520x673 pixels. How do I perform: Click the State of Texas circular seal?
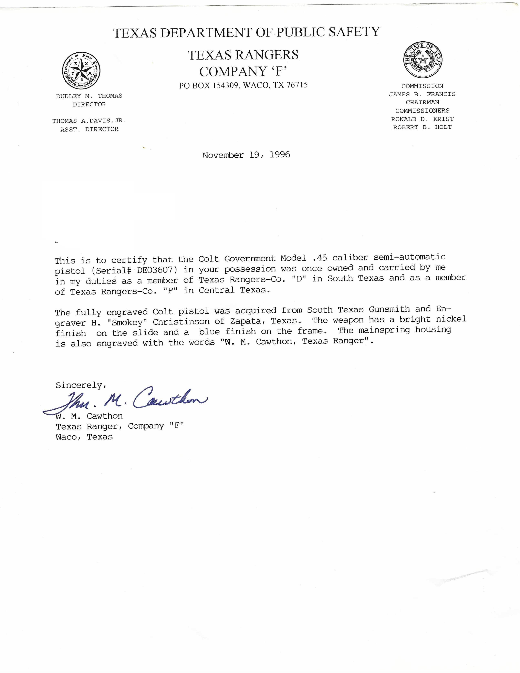[x=423, y=60]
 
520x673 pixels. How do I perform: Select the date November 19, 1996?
[x=246, y=155]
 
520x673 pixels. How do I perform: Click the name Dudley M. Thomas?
[x=89, y=96]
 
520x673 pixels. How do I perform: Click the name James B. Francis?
[x=422, y=94]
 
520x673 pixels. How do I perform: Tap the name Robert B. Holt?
[x=422, y=127]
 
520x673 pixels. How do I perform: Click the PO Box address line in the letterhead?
[x=243, y=85]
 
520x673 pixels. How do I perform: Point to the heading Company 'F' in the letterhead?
[x=243, y=72]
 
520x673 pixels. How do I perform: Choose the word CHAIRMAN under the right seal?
[x=422, y=102]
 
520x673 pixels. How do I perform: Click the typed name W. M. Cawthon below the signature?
[x=89, y=416]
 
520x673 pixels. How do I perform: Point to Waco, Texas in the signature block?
[x=84, y=437]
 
